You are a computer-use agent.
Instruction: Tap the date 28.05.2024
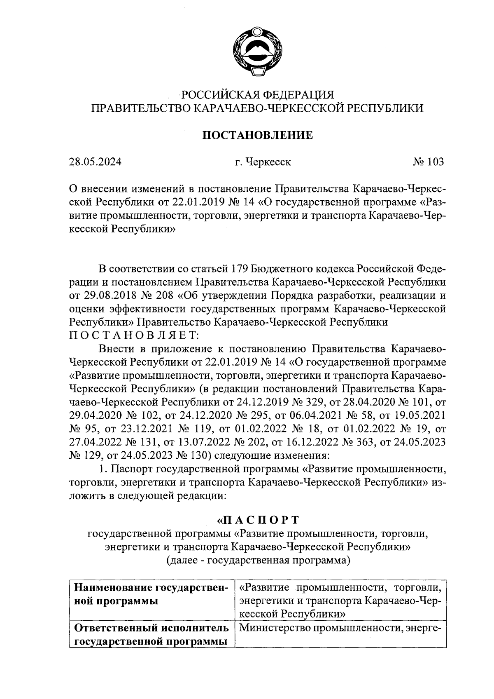click(95, 162)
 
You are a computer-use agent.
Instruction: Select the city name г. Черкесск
click(263, 162)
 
